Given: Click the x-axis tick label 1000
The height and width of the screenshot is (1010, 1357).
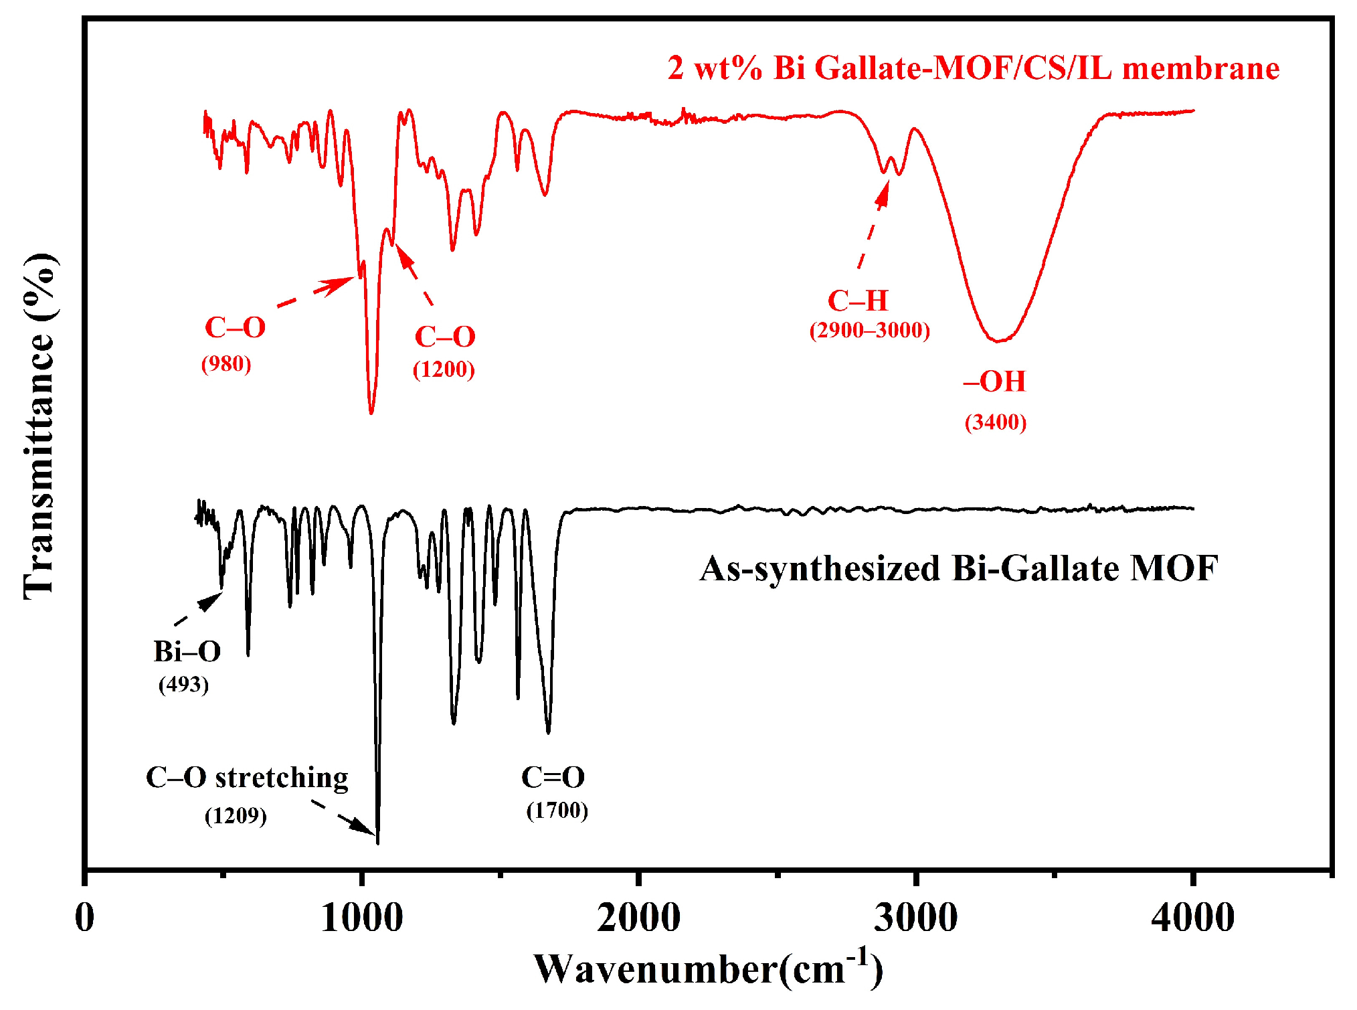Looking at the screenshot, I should tap(361, 918).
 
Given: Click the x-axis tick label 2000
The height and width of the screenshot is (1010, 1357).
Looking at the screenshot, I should tap(638, 918).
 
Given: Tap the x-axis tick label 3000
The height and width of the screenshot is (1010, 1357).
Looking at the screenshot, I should tap(915, 918).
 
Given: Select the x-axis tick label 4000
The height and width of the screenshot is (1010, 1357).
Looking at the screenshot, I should tap(1192, 918).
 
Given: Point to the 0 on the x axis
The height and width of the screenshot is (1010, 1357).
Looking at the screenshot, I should tap(85, 918).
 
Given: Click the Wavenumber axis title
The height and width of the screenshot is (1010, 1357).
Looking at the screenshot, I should tap(708, 969).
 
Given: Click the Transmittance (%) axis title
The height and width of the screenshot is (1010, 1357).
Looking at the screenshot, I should tap(39, 426).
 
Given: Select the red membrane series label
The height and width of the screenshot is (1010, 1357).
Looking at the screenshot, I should tap(973, 69).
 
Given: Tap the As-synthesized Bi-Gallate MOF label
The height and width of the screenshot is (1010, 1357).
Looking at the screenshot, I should tap(958, 569).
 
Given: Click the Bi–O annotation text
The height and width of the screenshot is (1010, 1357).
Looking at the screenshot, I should tap(187, 651).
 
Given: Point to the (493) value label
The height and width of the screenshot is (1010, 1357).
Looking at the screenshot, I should tap(183, 684).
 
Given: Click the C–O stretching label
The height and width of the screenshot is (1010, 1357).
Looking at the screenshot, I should tap(247, 778).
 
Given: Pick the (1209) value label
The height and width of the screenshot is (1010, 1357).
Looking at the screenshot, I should tap(236, 815).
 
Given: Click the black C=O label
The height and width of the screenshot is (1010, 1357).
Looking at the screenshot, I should tap(553, 777).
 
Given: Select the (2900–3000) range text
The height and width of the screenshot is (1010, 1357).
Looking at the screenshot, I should tap(869, 330).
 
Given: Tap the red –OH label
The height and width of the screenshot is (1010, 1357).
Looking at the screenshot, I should tap(994, 382).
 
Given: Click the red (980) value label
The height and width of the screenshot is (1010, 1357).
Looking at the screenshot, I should tap(226, 363).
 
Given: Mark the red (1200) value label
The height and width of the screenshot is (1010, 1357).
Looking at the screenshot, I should tap(444, 369).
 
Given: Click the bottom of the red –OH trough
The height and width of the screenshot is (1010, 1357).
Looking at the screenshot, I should tap(998, 341).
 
